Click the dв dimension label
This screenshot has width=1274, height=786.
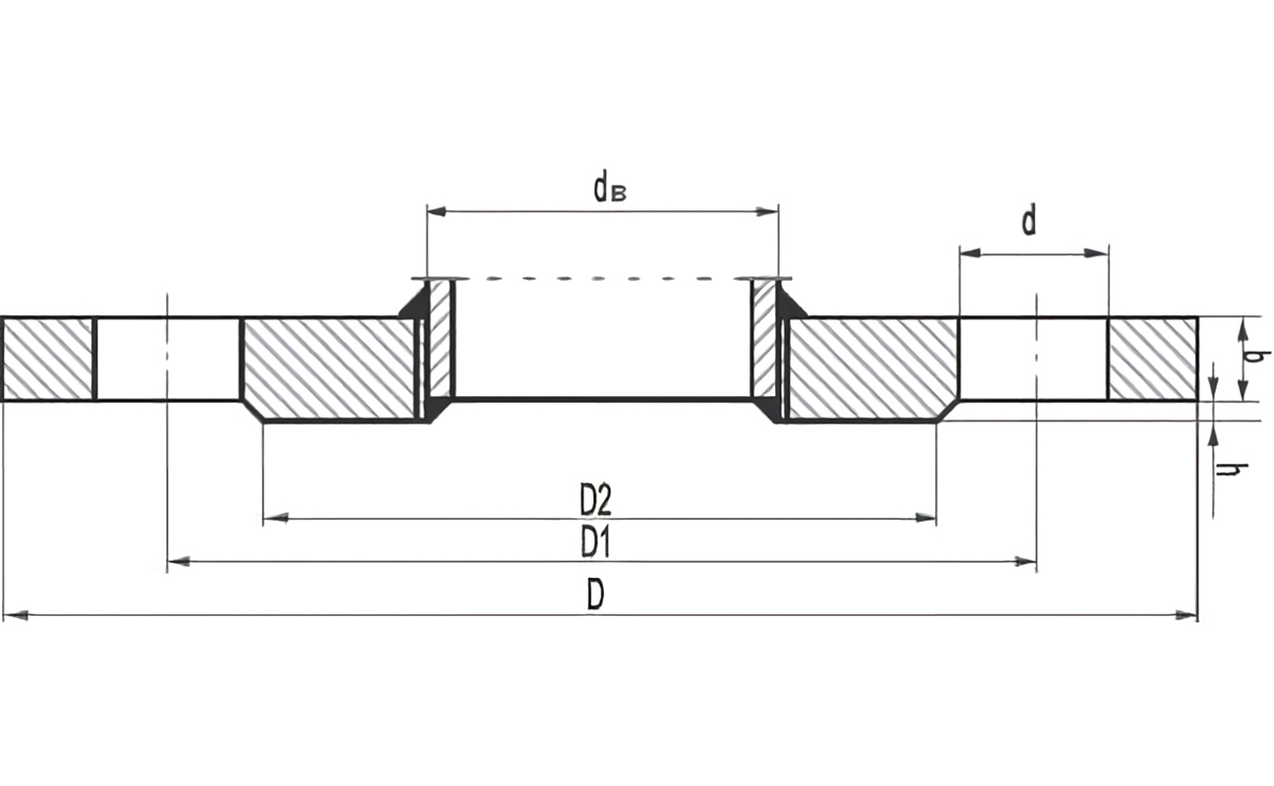pos(609,187)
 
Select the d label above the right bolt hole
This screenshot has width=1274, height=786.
pos(1028,221)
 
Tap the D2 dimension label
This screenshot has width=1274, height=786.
pos(595,501)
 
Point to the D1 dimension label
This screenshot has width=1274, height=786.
pos(595,542)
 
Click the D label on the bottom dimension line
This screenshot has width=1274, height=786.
pos(595,594)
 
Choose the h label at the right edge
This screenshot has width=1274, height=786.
pos(1225,470)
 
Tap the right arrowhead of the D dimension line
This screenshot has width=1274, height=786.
pos(1187,616)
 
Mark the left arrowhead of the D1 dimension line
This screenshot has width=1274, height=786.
pos(178,562)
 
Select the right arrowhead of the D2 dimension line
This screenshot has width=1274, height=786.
pos(925,518)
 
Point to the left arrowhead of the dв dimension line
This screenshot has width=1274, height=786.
pos(437,211)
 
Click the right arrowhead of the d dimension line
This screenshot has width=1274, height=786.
pos(1097,253)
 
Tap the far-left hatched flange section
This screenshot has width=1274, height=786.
pos(47,359)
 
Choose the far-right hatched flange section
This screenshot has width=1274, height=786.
pos(1152,359)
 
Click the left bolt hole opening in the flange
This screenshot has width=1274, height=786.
pos(168,359)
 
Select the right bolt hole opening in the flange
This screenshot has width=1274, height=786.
pos(1033,359)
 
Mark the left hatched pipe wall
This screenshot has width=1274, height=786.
pos(440,339)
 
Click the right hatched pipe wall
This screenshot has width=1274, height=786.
pos(764,339)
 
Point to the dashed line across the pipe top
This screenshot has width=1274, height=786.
pos(601,279)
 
